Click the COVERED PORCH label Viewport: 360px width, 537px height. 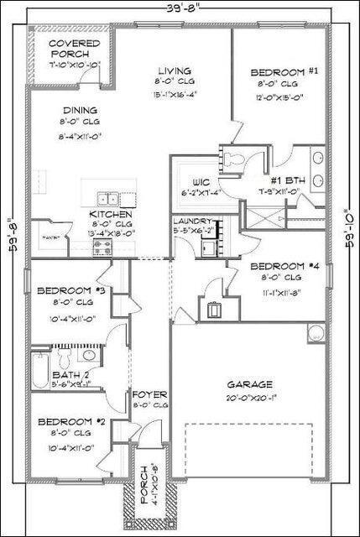(x=73, y=49)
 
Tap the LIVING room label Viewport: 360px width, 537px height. (x=173, y=71)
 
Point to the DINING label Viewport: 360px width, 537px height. (x=79, y=110)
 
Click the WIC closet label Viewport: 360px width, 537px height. (x=201, y=180)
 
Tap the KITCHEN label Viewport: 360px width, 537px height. (x=112, y=214)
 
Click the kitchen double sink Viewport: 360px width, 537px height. (x=107, y=199)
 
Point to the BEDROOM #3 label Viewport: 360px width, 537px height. (x=70, y=291)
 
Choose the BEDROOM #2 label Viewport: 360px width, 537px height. (x=70, y=421)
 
